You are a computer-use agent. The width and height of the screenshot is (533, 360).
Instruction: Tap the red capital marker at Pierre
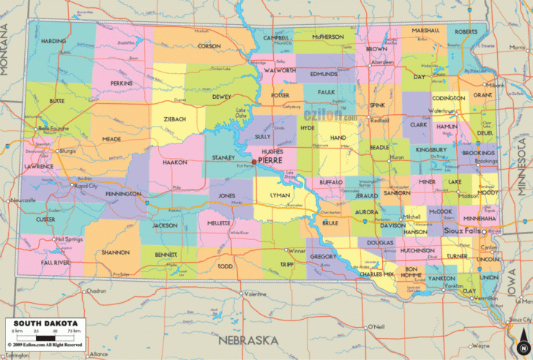pos(254,161)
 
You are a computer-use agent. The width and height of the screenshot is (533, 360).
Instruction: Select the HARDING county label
pos(53,41)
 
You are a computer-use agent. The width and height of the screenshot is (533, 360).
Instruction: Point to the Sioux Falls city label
pos(463,230)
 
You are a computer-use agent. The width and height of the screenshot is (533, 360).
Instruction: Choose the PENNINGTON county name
pos(122,194)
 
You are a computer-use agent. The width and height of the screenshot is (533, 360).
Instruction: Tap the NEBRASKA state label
pos(247,340)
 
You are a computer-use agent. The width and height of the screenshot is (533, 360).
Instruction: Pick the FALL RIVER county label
pos(56,261)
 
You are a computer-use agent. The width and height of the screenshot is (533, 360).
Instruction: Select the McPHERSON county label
pos(327,37)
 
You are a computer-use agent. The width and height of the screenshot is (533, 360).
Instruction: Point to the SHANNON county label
pos(116,252)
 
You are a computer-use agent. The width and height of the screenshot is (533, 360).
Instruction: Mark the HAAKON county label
pos(175,162)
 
